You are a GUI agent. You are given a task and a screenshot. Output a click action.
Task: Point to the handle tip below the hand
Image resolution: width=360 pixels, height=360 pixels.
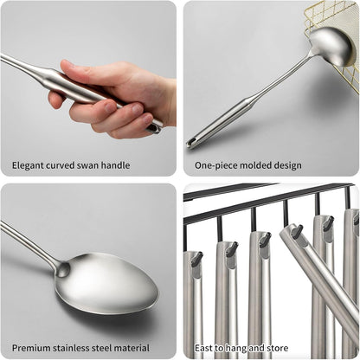click(x=154, y=126)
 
